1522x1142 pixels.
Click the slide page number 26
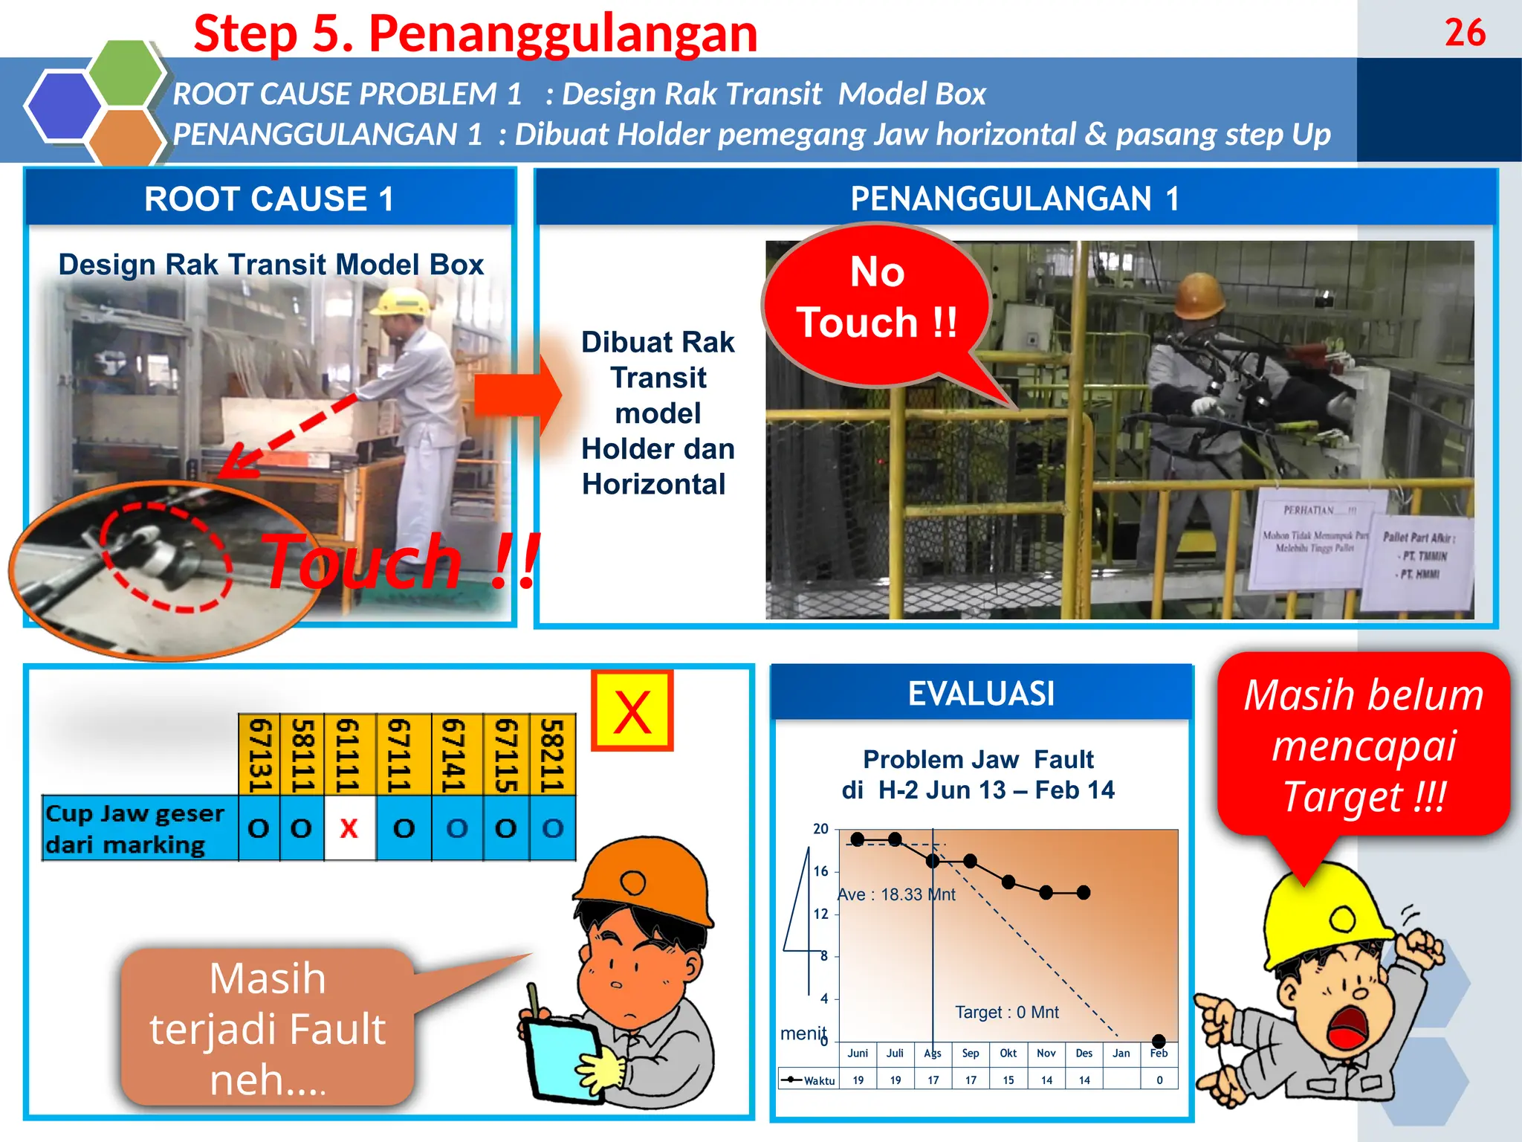click(x=1465, y=33)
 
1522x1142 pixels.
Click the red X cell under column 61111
click(x=349, y=828)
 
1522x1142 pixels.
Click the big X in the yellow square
click(x=632, y=712)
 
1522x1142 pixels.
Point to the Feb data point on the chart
click(x=1159, y=1040)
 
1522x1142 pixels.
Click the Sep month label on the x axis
click(x=971, y=1054)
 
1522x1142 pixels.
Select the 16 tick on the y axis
click(x=820, y=871)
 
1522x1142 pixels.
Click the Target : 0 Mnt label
click(x=1007, y=1012)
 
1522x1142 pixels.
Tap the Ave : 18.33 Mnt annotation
click(x=896, y=894)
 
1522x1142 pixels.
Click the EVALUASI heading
click(x=981, y=694)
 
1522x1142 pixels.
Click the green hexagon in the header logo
click(x=126, y=73)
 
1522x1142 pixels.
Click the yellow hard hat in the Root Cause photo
click(x=402, y=301)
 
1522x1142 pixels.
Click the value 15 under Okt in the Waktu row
click(x=1008, y=1080)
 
